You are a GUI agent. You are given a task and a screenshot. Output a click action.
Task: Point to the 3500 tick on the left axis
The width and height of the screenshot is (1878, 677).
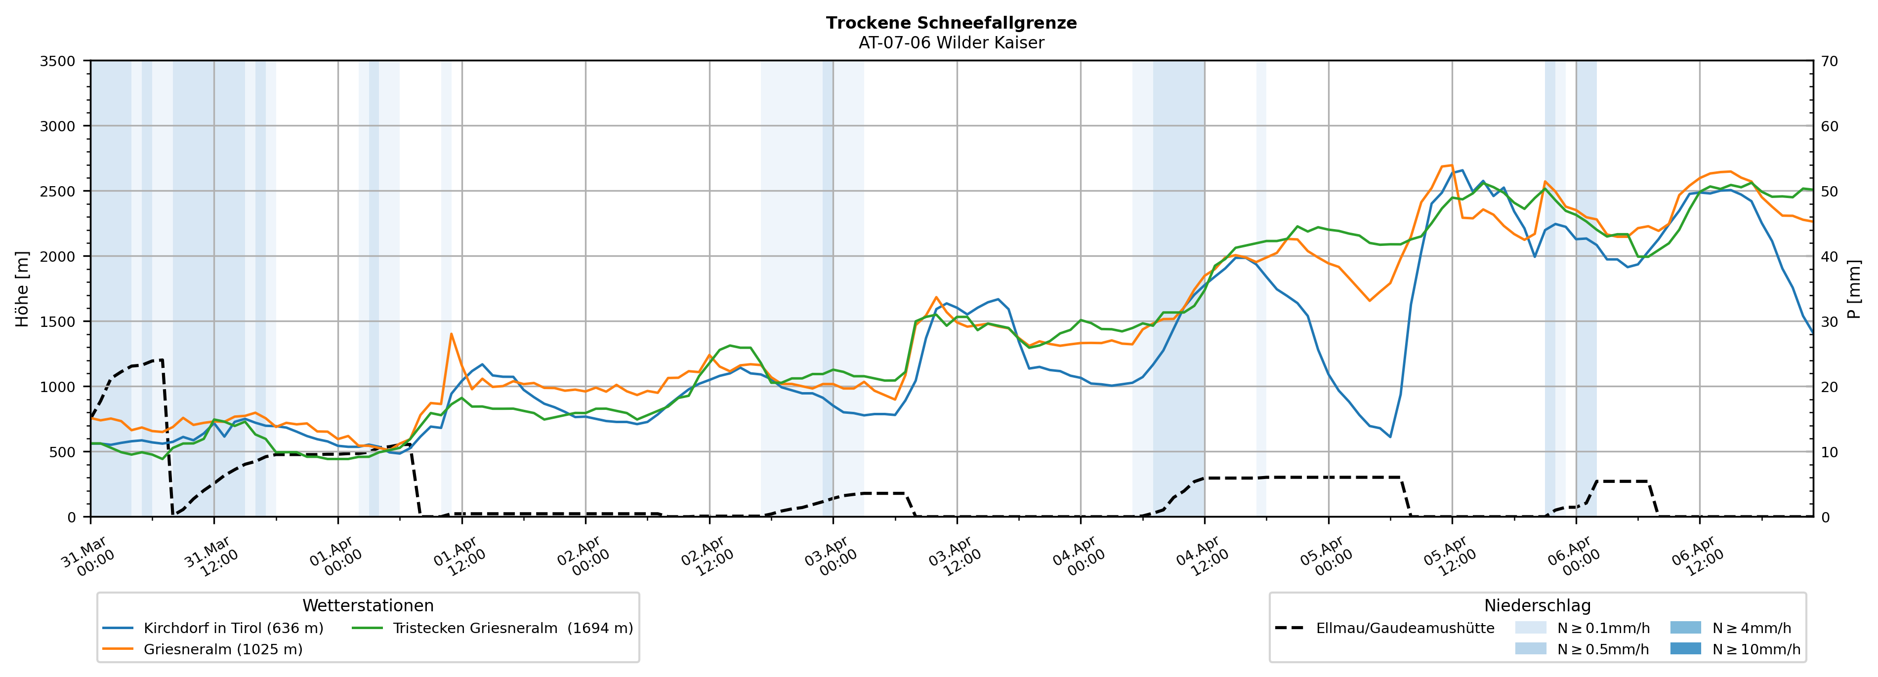pos(58,61)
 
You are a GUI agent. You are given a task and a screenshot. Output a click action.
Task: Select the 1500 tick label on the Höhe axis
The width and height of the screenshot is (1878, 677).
pos(58,321)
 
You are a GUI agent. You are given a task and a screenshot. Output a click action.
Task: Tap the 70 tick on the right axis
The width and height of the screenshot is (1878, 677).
pos(1829,61)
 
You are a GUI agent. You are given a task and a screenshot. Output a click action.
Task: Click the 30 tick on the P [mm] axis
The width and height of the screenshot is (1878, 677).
pos(1829,321)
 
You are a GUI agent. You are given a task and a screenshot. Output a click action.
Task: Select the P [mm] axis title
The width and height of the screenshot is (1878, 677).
pos(1854,288)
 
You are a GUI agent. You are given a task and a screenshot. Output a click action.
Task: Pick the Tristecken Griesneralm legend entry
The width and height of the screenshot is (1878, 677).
pos(512,628)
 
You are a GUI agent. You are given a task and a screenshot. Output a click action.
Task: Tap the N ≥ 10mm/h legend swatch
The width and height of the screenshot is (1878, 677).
pos(1685,648)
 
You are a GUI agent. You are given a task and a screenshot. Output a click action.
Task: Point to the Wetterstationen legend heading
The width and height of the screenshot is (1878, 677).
pos(368,605)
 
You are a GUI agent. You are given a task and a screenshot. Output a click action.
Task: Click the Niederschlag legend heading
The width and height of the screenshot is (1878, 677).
pos(1537,605)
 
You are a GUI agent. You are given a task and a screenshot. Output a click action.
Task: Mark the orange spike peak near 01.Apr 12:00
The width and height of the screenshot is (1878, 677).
pos(451,334)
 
